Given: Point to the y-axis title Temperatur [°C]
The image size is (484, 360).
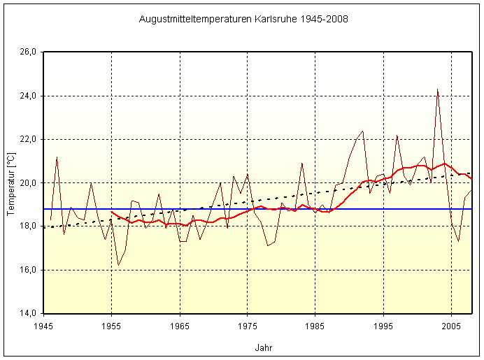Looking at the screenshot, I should tap(10, 182).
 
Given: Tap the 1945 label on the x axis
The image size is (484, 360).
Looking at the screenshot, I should tap(44, 326).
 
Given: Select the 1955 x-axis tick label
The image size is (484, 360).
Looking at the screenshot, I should tap(112, 326).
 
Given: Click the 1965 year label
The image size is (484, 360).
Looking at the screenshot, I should tap(180, 326).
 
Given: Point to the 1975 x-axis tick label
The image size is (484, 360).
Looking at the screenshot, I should tap(248, 326).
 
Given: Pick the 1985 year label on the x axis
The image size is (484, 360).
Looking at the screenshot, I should tap(315, 326).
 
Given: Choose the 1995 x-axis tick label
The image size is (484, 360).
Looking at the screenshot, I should tap(383, 326).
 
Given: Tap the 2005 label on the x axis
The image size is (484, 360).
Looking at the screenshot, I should tap(451, 326).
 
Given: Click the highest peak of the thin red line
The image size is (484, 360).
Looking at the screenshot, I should tap(437, 89).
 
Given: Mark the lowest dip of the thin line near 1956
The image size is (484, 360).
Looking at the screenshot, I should tap(118, 265).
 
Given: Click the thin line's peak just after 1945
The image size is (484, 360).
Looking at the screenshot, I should tap(57, 157).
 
